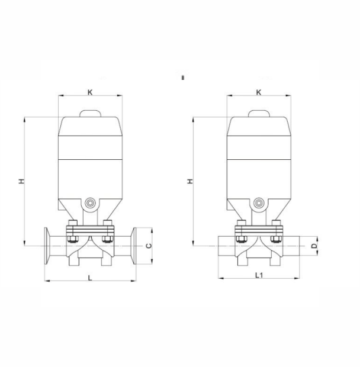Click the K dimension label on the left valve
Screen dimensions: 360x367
[90, 92]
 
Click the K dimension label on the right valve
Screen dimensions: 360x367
[258, 92]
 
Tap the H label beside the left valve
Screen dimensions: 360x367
[21, 181]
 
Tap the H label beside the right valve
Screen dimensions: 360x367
[191, 181]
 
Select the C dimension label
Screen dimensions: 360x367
[149, 246]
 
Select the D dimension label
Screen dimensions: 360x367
[314, 246]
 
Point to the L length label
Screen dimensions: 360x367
[90, 278]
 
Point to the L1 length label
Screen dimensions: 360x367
[259, 275]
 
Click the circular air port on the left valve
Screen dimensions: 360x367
[90, 202]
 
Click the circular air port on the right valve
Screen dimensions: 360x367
[258, 202]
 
